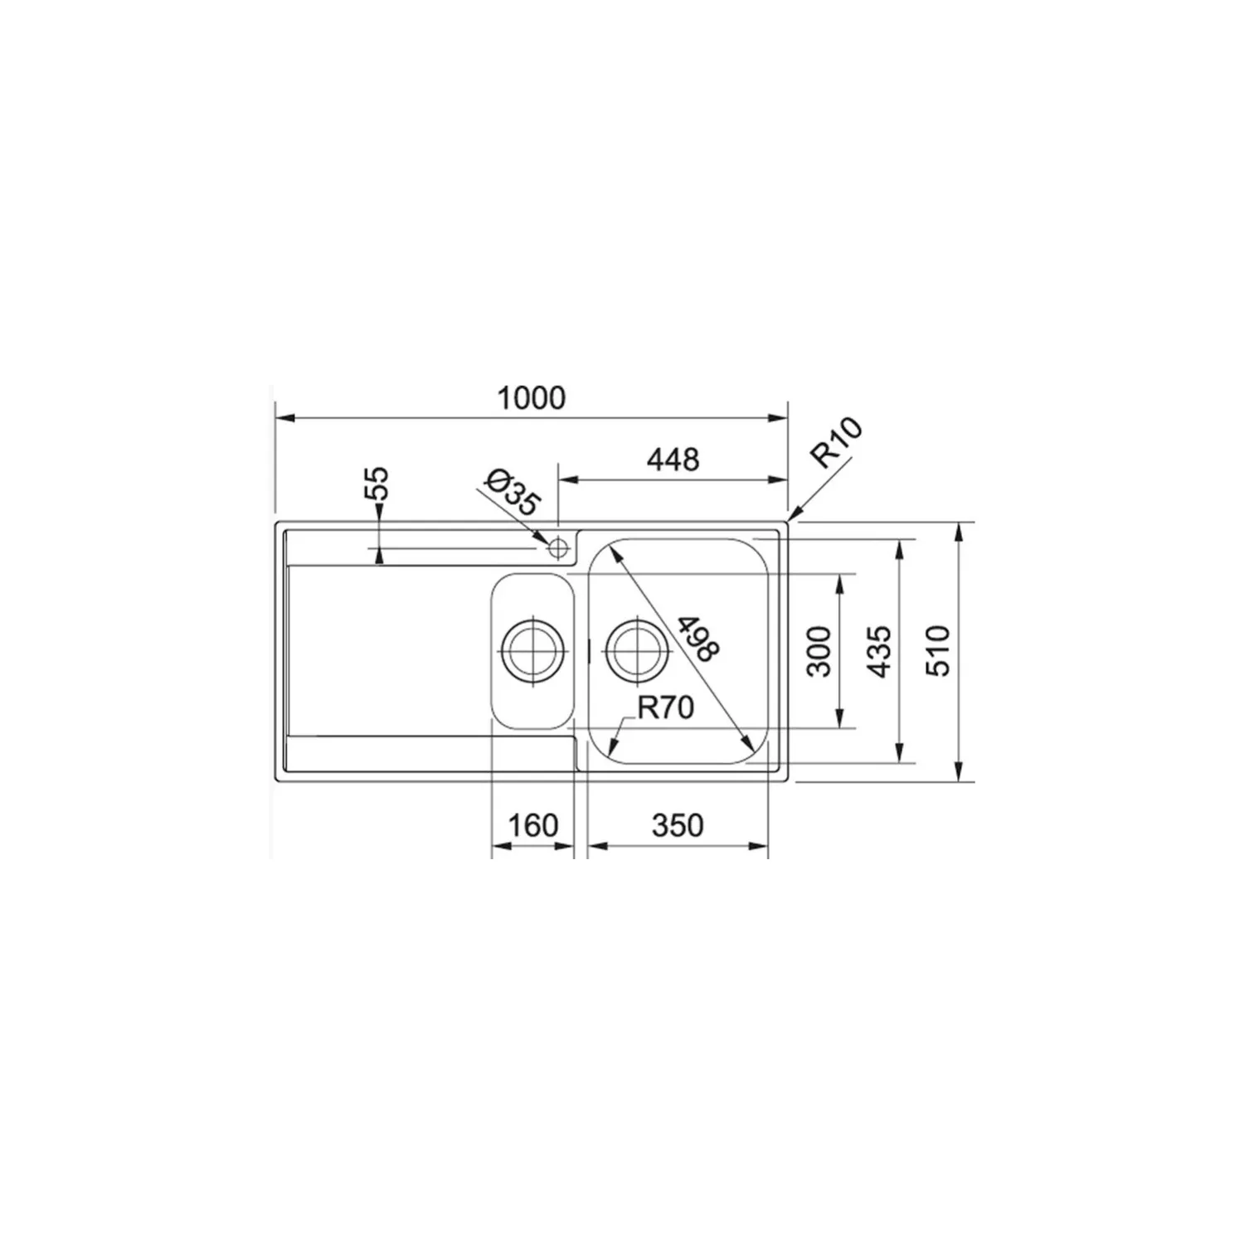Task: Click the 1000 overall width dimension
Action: tap(531, 398)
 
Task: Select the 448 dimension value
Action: tap(673, 459)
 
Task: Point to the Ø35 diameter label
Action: tap(512, 493)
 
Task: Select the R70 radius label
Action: tap(665, 707)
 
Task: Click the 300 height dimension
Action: tap(819, 651)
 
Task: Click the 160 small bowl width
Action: tap(532, 825)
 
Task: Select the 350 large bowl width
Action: tap(677, 825)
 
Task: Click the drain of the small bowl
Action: tap(532, 649)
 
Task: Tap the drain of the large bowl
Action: tap(636, 649)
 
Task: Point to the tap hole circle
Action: tap(558, 548)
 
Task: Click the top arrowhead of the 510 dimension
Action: tap(960, 529)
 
